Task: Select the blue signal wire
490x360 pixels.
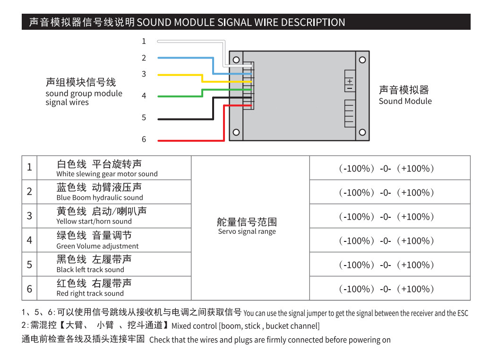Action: coord(213,66)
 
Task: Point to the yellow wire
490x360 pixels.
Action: coord(202,78)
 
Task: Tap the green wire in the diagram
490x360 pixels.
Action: coord(202,93)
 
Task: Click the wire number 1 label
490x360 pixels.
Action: coord(144,41)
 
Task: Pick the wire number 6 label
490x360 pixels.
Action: coord(144,139)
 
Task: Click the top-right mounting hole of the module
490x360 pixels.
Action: coord(362,60)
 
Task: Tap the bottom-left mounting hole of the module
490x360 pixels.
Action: coord(236,132)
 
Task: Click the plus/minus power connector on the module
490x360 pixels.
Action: coord(350,81)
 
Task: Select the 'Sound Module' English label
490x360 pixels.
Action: coord(405,101)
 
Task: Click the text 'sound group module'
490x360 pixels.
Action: coord(84,94)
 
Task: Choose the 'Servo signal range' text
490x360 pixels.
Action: coord(247,231)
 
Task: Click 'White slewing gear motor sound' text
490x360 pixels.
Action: coord(107,174)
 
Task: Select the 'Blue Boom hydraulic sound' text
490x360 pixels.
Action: coord(100,197)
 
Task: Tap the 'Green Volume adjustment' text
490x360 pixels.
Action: coord(97,246)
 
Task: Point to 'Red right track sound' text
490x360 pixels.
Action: coord(90,293)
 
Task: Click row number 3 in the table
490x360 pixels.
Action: coord(29,215)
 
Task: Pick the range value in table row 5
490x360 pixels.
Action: coord(387,265)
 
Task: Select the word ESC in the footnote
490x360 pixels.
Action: coord(463,313)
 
